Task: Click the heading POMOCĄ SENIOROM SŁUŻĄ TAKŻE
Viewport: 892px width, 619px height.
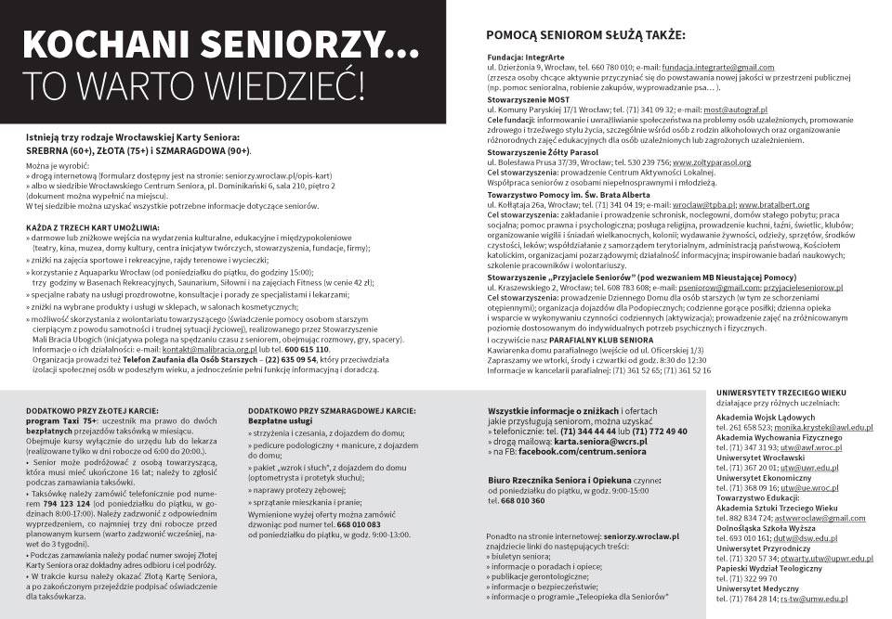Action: pos(584,36)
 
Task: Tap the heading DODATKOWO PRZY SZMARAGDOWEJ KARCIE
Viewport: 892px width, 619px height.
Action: pos(333,408)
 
